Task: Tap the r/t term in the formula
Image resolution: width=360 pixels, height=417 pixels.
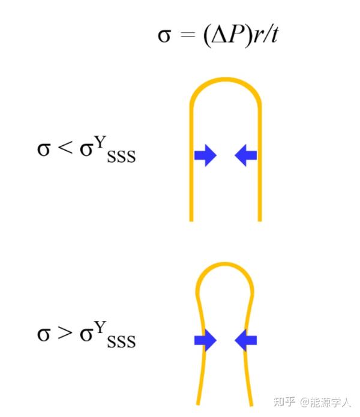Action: tap(263, 35)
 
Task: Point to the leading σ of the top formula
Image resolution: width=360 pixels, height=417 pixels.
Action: tap(164, 36)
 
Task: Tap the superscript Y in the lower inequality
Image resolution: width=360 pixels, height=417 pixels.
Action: tap(102, 323)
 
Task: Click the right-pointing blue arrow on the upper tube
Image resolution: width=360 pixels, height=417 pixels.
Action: tap(205, 155)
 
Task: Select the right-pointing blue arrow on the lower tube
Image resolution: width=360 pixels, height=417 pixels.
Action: tap(205, 340)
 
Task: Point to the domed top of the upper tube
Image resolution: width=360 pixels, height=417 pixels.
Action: tap(226, 80)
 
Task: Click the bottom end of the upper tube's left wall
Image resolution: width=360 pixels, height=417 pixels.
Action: tap(191, 219)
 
